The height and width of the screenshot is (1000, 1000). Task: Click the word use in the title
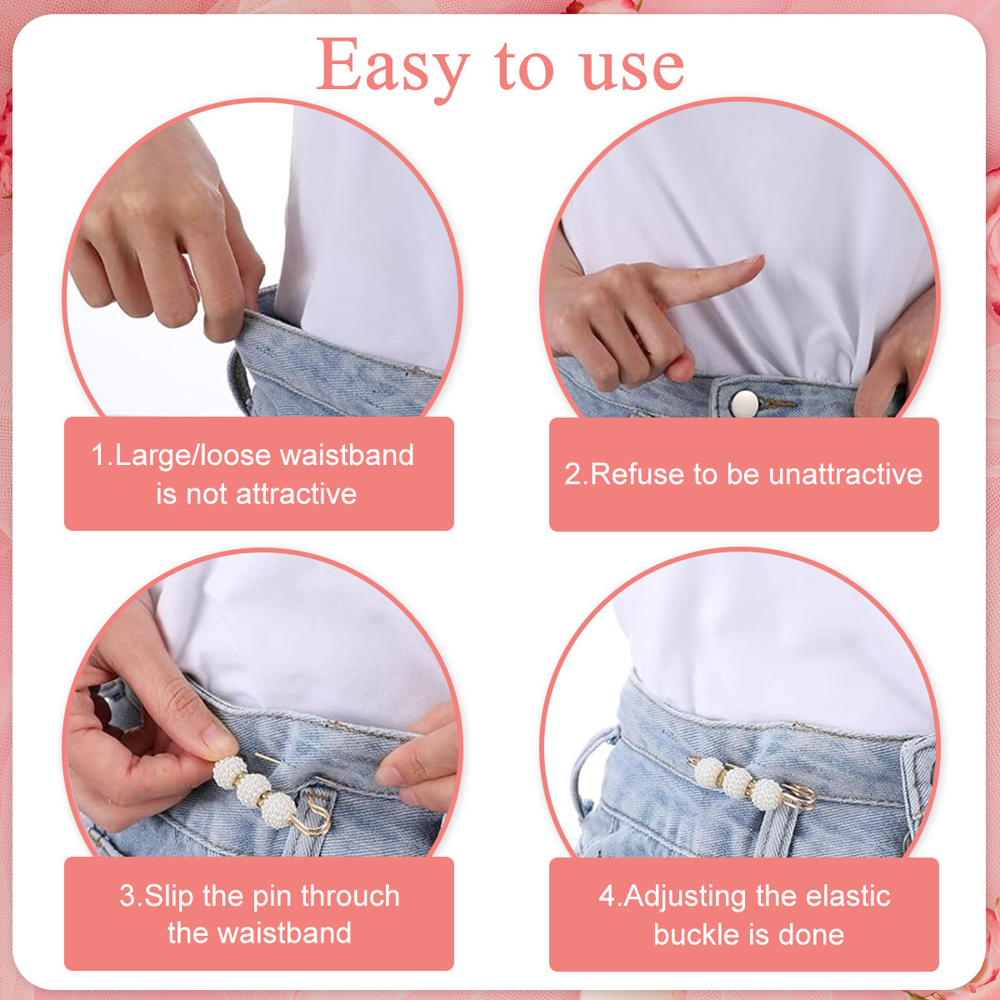(632, 70)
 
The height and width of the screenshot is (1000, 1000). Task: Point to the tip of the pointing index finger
(762, 258)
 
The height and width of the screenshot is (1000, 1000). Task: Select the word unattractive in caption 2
(845, 474)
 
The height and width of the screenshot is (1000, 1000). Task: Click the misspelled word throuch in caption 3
(350, 896)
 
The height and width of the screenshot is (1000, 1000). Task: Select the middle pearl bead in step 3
(253, 789)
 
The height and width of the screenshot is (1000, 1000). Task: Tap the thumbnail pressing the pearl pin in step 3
(218, 743)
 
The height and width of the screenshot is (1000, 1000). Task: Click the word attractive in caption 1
(297, 494)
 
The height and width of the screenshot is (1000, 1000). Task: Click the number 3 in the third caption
(127, 896)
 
